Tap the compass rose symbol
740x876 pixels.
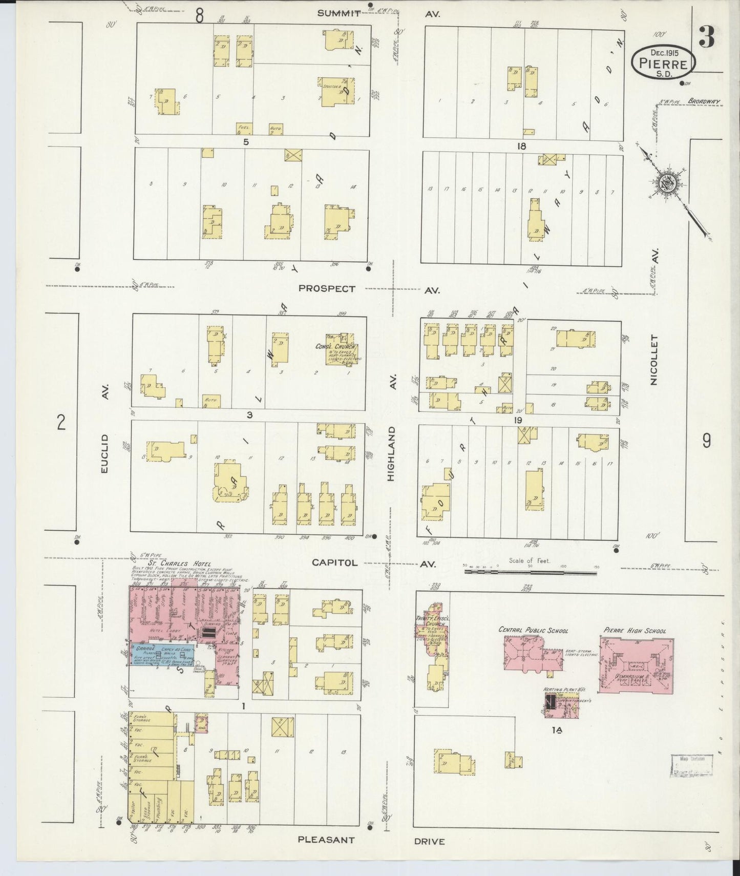(668, 182)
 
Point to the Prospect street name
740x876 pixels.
(327, 289)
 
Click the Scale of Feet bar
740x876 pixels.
(530, 572)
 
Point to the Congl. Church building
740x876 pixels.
(342, 349)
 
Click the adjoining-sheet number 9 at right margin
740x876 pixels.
(707, 441)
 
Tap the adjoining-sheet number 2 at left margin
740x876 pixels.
(61, 423)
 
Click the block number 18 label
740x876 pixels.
(521, 146)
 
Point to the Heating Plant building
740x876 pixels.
(551, 703)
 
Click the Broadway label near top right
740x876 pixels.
(704, 101)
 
